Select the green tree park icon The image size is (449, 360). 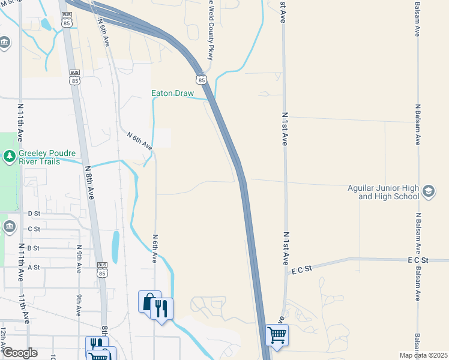point(9,157)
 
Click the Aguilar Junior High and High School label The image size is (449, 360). point(383,192)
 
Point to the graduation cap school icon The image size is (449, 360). point(429,191)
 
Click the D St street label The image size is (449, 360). point(34,213)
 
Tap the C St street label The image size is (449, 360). point(34,229)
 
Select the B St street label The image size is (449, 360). point(34,248)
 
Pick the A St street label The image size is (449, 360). point(34,267)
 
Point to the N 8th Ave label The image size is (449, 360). point(90,182)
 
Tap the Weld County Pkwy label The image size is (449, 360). point(211,36)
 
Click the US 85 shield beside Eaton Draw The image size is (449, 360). point(201,79)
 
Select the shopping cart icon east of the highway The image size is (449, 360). point(277,335)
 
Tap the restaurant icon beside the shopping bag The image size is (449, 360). point(161,308)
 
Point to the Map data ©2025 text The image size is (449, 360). point(423,355)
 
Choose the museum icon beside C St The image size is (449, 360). point(9,227)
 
